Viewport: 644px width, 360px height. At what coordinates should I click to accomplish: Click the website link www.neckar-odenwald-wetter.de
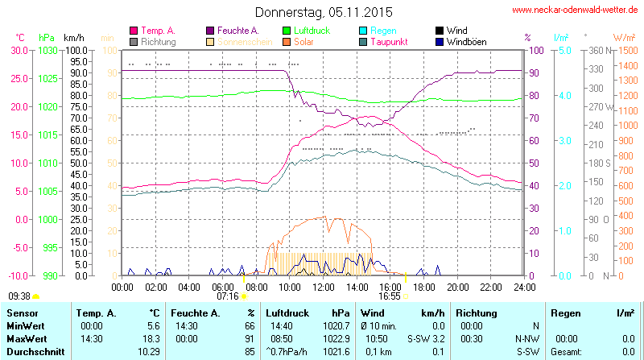pyautogui.click(x=576, y=10)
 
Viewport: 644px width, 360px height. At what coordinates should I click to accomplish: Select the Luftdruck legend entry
pyautogui.click(x=312, y=31)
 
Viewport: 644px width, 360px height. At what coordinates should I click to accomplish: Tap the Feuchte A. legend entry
pyautogui.click(x=237, y=31)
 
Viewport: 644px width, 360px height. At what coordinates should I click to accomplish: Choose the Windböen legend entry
pyautogui.click(x=465, y=42)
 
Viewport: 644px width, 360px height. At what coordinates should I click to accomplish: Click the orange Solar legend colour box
pyautogui.click(x=287, y=42)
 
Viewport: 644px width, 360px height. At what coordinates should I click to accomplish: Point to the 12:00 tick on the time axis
pyautogui.click(x=324, y=287)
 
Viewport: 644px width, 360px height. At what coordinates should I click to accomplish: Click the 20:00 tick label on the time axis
pyautogui.click(x=457, y=287)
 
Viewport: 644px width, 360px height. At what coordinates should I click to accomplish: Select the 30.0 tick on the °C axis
pyautogui.click(x=19, y=50)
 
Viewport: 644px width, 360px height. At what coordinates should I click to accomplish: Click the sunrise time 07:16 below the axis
pyautogui.click(x=228, y=296)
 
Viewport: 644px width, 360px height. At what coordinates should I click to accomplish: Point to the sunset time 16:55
pyautogui.click(x=390, y=296)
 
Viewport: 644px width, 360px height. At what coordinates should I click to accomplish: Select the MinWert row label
pyautogui.click(x=27, y=325)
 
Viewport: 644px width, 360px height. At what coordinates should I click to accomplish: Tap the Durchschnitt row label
pyautogui.click(x=34, y=352)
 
